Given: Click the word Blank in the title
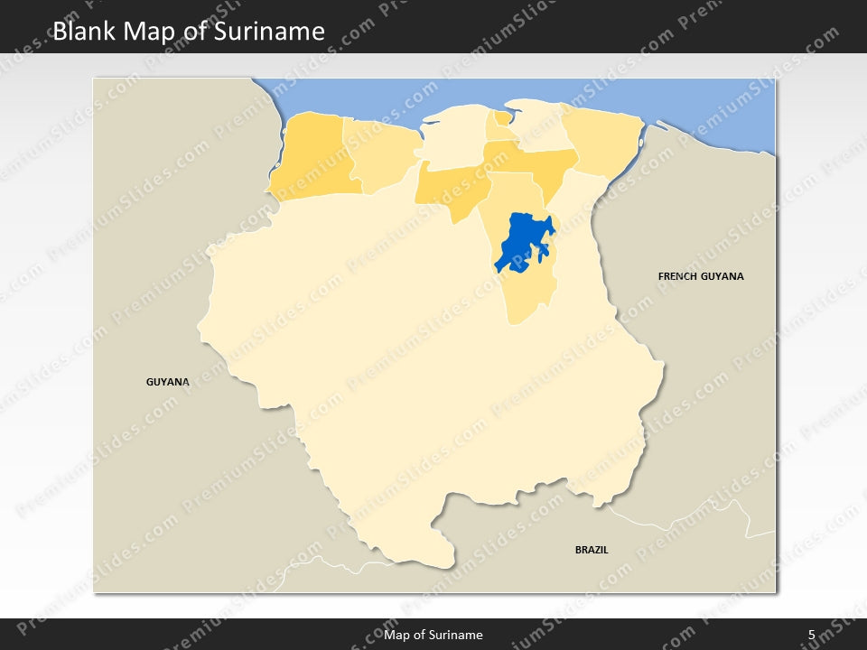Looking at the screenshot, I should tap(83, 32).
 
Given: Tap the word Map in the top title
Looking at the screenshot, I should tap(151, 32).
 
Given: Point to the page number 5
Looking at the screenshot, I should tap(811, 635).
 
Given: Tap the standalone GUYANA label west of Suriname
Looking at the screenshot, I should tap(168, 382).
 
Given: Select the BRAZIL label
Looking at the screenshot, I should tap(592, 549).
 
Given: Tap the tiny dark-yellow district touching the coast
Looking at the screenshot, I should tap(500, 118).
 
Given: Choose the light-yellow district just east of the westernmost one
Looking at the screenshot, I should tap(384, 153).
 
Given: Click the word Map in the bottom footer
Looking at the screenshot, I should tap(395, 635).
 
